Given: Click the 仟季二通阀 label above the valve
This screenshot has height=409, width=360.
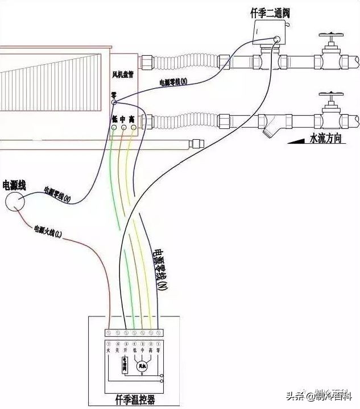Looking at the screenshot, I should coord(270,12).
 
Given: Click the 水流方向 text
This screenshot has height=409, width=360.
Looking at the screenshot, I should coord(325,138).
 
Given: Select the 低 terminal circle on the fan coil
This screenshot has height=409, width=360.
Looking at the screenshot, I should coord(114,129).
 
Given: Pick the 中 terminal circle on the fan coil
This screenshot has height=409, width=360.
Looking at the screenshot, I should coord(124,129).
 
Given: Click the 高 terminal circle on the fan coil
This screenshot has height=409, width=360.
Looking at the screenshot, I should coord(133,129).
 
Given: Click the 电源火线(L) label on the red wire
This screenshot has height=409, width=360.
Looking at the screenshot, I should coord(51,231).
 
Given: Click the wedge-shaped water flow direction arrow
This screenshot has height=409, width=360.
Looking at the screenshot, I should coord(296,140).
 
